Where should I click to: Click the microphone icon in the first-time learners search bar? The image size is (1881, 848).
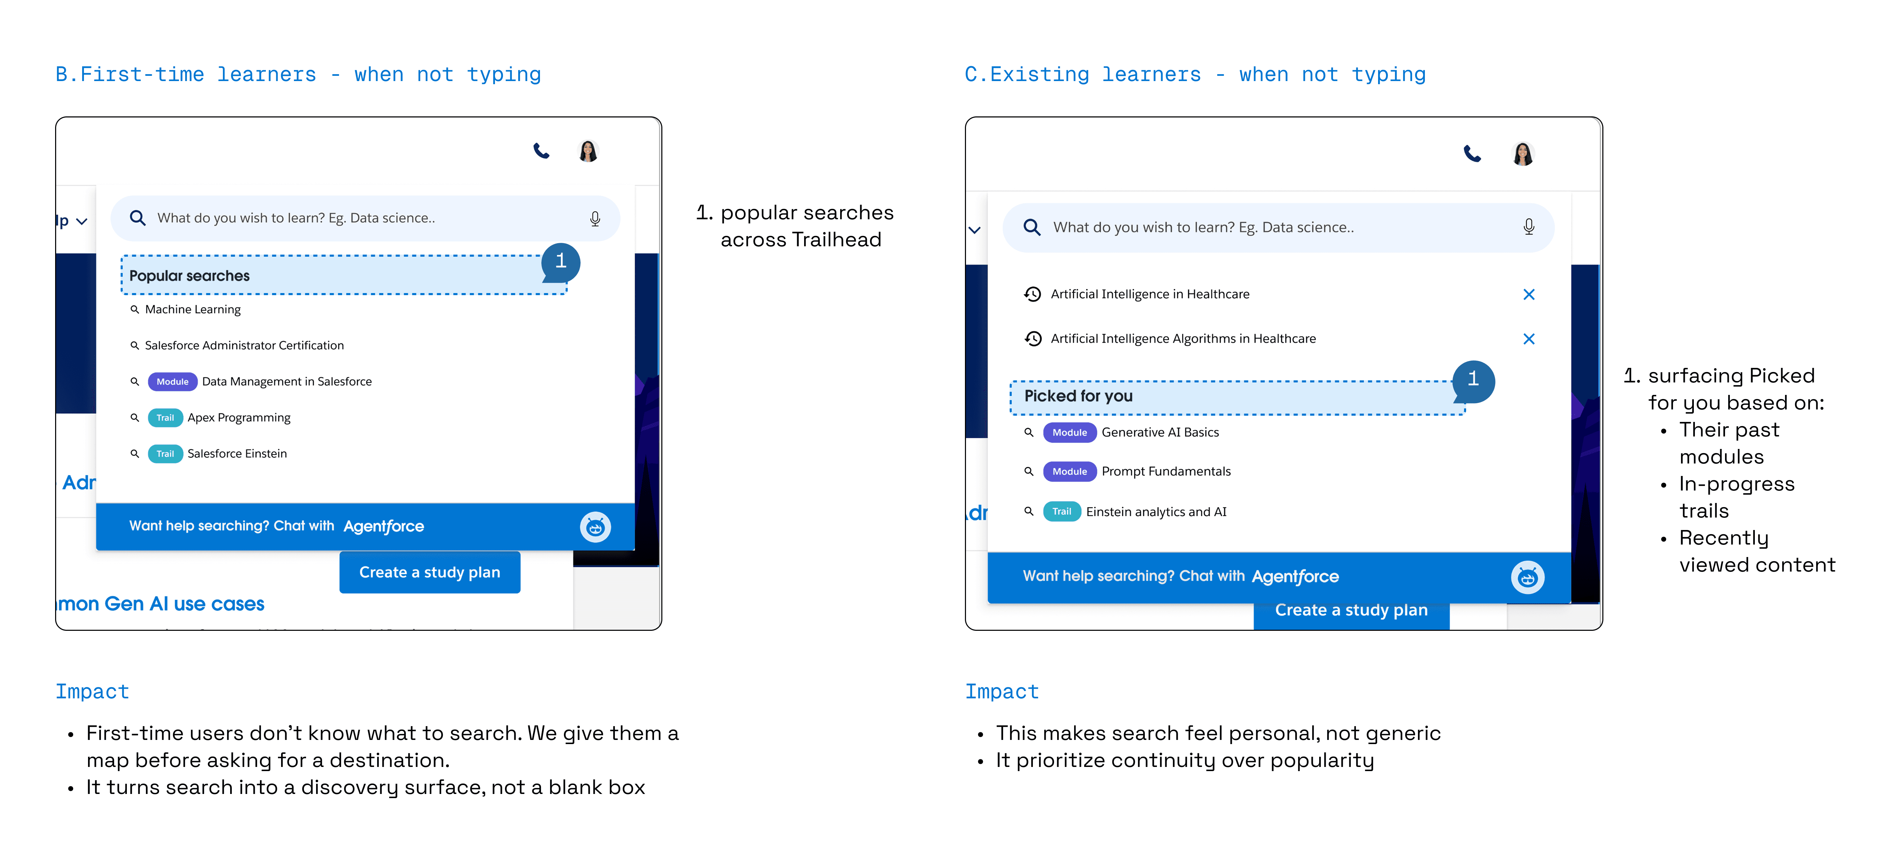pyautogui.click(x=595, y=218)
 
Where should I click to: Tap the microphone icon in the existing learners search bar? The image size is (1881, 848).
pyautogui.click(x=1528, y=227)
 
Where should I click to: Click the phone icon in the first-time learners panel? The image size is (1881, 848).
pyautogui.click(x=541, y=151)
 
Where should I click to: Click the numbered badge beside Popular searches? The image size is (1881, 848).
pyautogui.click(x=561, y=261)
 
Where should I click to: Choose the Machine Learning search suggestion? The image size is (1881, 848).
pyautogui.click(x=193, y=309)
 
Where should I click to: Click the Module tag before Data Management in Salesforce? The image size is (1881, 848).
pyautogui.click(x=172, y=382)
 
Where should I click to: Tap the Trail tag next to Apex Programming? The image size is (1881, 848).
pyautogui.click(x=165, y=417)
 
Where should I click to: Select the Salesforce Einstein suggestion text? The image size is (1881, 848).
pyautogui.click(x=237, y=453)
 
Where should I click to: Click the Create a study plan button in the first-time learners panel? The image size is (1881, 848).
pyautogui.click(x=429, y=572)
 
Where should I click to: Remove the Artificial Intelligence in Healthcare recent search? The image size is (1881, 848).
pyautogui.click(x=1528, y=294)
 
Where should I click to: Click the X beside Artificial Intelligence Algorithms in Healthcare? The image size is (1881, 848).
pyautogui.click(x=1528, y=339)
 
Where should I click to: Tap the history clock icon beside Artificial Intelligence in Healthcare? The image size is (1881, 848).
pyautogui.click(x=1033, y=294)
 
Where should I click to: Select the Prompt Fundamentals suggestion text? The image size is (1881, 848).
pyautogui.click(x=1166, y=471)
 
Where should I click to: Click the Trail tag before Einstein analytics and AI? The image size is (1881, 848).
pyautogui.click(x=1062, y=512)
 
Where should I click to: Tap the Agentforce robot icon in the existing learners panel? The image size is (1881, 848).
pyautogui.click(x=1527, y=577)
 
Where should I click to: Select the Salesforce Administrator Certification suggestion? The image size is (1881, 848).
pyautogui.click(x=244, y=345)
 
